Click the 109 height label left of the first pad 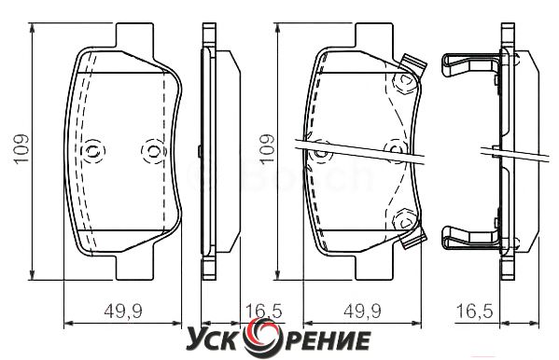coord(21,149)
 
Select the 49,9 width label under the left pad coord(123,311)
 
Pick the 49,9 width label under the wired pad coord(362,311)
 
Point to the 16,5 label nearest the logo coord(264,311)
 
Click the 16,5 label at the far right coord(475,311)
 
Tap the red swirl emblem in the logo coord(264,338)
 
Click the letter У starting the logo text coord(195,340)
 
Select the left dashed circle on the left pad coord(93,151)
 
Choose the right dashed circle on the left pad coord(154,151)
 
